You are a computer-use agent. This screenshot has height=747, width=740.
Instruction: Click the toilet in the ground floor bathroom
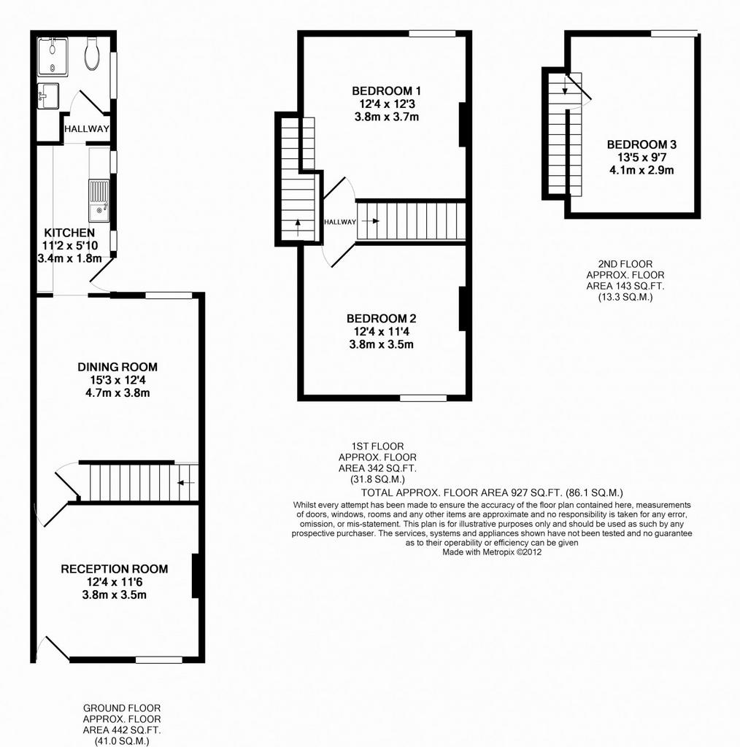(92, 54)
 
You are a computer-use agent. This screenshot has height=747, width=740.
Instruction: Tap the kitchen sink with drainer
(99, 201)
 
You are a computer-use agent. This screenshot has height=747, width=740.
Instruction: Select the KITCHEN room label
(69, 233)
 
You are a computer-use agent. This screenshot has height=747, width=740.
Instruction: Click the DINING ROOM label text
(117, 367)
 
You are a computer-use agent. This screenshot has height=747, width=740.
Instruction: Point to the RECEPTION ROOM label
(115, 569)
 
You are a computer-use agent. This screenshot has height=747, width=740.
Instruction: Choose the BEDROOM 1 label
(387, 90)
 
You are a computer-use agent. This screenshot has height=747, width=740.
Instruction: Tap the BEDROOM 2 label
(381, 318)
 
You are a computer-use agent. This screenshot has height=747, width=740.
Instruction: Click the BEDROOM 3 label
(641, 144)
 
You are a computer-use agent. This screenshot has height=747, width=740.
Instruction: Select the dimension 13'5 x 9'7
(641, 158)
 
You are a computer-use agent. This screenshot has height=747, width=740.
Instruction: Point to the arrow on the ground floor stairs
(186, 483)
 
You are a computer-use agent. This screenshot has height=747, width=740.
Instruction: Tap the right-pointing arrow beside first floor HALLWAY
(370, 221)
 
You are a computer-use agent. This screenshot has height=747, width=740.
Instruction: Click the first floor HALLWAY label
(340, 222)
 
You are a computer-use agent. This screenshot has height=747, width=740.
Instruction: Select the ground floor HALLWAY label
(87, 128)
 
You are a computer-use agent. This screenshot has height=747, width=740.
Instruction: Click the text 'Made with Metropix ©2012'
(492, 553)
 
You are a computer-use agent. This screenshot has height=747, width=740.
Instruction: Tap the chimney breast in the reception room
(195, 576)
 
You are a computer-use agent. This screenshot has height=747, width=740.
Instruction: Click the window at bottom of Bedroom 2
(423, 398)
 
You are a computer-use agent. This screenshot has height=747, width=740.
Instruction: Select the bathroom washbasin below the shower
(47, 96)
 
